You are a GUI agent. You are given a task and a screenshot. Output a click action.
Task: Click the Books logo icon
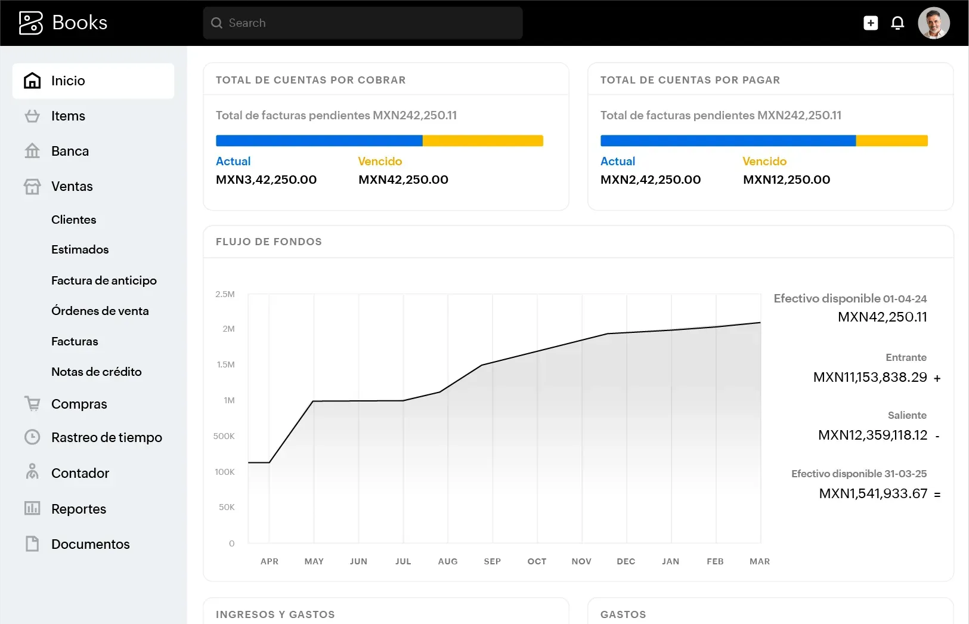pyautogui.click(x=31, y=23)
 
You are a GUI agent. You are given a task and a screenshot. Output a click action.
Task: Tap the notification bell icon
pyautogui.click(x=897, y=23)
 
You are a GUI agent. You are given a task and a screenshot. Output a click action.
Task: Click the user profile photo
pyautogui.click(x=933, y=23)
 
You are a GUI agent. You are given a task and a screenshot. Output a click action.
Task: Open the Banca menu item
pyautogui.click(x=70, y=151)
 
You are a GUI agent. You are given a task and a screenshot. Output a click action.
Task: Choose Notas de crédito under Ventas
pyautogui.click(x=97, y=372)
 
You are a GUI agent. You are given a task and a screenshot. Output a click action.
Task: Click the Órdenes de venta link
pyautogui.click(x=100, y=311)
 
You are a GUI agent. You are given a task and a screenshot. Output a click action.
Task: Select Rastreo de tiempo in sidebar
pyautogui.click(x=106, y=437)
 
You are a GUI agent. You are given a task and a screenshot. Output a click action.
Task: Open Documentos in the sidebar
pyautogui.click(x=90, y=544)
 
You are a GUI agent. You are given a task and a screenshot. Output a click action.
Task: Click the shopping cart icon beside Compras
pyautogui.click(x=32, y=404)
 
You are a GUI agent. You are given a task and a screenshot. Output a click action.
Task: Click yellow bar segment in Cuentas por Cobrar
pyautogui.click(x=482, y=141)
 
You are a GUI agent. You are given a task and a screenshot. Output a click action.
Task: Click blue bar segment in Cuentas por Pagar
pyautogui.click(x=727, y=141)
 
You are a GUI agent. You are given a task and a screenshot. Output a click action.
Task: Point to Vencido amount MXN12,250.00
pyautogui.click(x=786, y=180)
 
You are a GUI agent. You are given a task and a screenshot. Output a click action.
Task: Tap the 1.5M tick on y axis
pyautogui.click(x=225, y=364)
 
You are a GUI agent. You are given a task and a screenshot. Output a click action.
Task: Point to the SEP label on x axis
pyautogui.click(x=492, y=561)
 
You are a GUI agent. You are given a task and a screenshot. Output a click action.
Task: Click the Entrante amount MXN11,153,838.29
pyautogui.click(x=869, y=377)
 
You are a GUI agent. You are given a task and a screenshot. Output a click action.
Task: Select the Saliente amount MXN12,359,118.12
pyautogui.click(x=872, y=435)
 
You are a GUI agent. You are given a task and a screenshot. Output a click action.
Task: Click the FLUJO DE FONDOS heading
pyautogui.click(x=268, y=242)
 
